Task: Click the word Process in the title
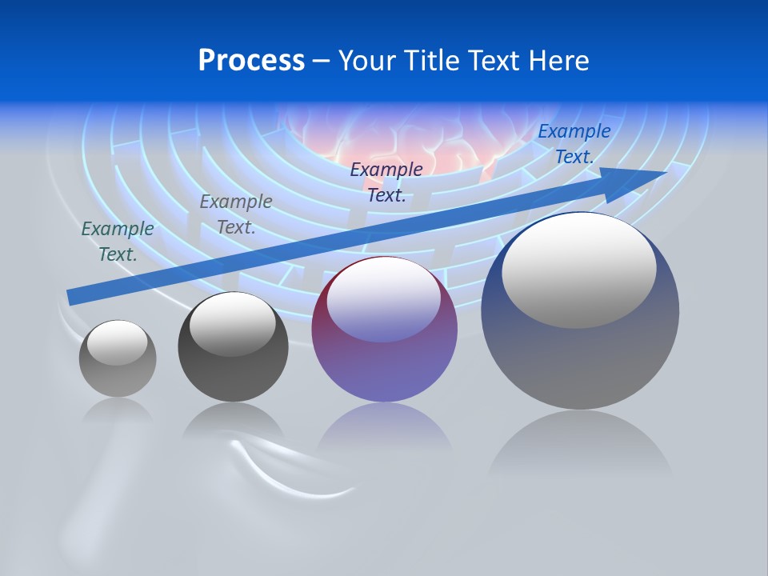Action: [251, 61]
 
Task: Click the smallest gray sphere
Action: [118, 358]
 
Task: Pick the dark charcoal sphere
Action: [233, 347]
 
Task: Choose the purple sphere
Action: [384, 330]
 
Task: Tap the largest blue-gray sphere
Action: [580, 311]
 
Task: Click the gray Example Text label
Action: [236, 214]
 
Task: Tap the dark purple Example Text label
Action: [386, 182]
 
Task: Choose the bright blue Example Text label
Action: [574, 144]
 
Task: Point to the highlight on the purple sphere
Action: [383, 300]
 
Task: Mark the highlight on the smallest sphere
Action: [117, 343]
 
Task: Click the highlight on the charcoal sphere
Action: [232, 323]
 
